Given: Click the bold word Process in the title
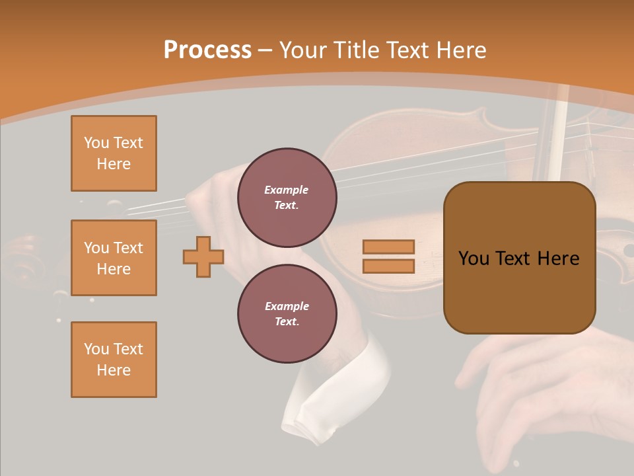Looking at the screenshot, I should point(207,50).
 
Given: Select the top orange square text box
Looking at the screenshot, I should point(114,153).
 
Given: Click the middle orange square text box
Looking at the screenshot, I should point(114,258).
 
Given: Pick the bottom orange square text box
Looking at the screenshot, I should point(114,360).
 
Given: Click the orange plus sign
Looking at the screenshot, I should point(203,257).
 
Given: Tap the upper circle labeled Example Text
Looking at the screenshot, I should point(287,197).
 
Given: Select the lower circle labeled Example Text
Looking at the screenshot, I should point(287,313).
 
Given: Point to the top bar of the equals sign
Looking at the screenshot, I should point(388,247).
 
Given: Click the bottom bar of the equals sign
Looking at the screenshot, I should point(388,266).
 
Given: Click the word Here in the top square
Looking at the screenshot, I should point(114,164).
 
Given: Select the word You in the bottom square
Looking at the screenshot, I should point(96,349).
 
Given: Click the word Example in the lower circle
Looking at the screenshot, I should point(287,306).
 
